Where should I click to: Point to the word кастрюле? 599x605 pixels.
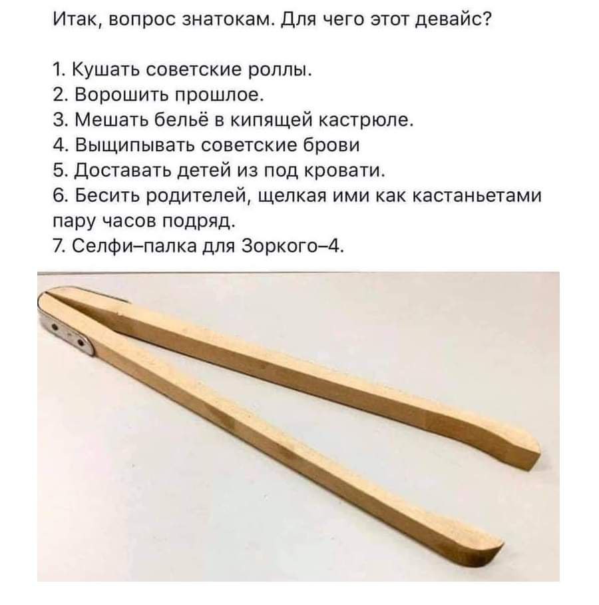[367, 121]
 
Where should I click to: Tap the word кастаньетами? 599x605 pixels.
[477, 196]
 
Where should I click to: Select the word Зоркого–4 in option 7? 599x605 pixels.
[292, 246]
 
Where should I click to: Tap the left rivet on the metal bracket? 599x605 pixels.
[55, 326]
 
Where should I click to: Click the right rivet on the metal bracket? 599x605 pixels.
[81, 342]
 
